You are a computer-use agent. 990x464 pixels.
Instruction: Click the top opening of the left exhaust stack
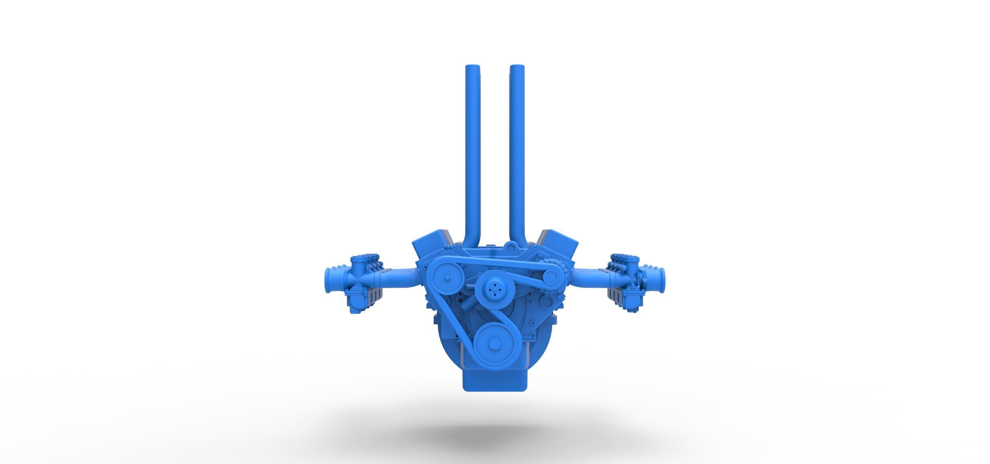[473, 67]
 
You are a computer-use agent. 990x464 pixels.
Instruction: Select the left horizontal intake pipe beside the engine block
[400, 277]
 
